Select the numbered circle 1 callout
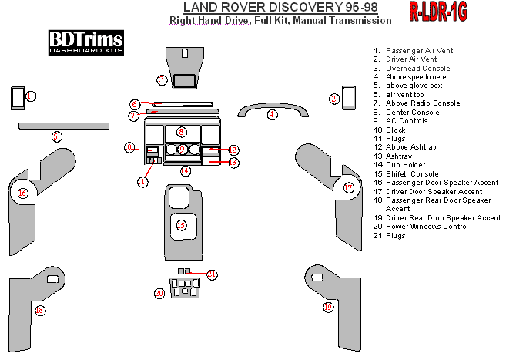tap(30, 96)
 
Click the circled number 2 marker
tap(334, 99)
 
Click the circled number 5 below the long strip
tap(56, 136)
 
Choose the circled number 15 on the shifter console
tap(181, 225)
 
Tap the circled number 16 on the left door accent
tap(22, 193)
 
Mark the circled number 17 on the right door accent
tap(348, 187)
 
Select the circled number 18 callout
tap(40, 310)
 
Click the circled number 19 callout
tap(328, 307)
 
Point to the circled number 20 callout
tap(159, 293)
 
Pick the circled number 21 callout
tap(213, 274)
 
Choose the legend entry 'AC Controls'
tap(407, 121)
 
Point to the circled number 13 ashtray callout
tap(233, 162)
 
